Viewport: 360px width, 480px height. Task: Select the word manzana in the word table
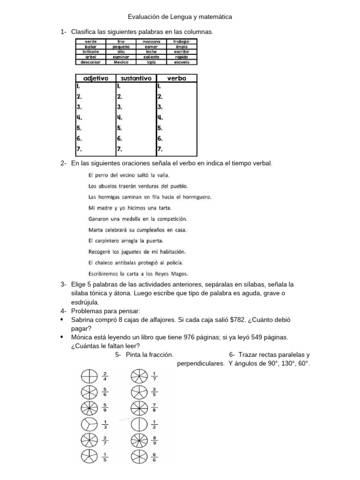151,42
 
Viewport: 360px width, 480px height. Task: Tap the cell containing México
121,62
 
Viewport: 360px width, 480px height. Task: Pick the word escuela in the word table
181,62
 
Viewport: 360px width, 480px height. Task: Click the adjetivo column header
96,79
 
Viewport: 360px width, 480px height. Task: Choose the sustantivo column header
136,79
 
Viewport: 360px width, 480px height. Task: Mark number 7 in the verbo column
160,149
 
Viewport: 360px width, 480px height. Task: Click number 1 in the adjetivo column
78,86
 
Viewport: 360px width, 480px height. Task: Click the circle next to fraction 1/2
137,424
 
